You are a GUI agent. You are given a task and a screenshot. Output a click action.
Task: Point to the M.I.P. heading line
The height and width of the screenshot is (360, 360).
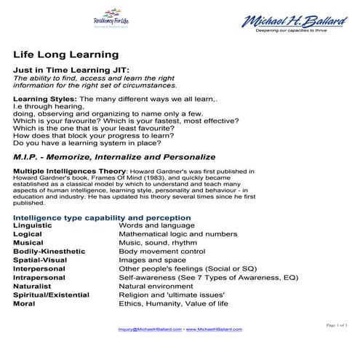coord(114,156)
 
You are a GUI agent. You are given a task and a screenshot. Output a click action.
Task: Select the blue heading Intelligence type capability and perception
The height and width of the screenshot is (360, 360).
coord(102,217)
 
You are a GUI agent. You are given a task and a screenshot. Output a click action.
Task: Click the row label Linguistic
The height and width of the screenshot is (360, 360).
coord(33,226)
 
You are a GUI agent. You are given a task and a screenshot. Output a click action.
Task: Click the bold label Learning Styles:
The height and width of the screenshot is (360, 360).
coord(44,97)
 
